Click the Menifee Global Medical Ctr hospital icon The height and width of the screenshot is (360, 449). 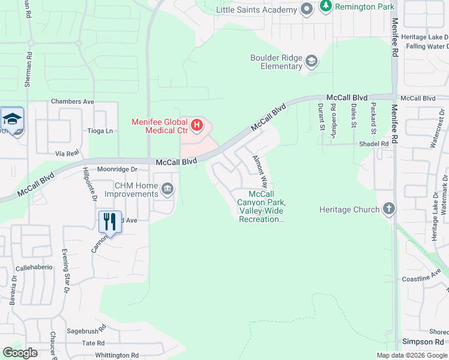click(197, 126)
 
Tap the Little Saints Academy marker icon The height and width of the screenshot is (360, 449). click(307, 9)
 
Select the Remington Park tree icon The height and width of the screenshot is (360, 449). click(326, 7)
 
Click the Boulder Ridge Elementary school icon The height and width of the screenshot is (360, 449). click(312, 61)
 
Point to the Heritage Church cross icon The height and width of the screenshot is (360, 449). click(389, 209)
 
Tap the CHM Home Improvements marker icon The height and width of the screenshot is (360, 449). click(167, 190)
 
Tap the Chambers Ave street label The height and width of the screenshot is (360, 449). click(73, 101)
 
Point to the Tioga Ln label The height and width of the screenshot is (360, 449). click(100, 131)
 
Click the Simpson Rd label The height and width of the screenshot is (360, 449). click(423, 342)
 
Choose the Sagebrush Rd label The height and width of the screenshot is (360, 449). click(86, 329)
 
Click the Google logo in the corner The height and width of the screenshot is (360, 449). click(20, 352)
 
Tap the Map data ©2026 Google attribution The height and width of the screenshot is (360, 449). click(411, 355)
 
